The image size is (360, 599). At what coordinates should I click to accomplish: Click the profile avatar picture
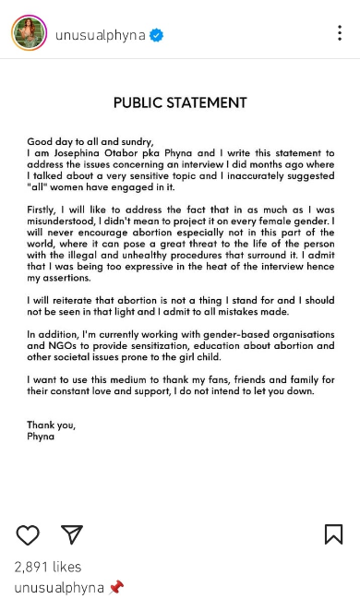coord(29,34)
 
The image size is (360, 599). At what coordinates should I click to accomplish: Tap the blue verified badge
coord(158,35)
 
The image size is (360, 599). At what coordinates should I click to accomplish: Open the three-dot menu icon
coord(339,33)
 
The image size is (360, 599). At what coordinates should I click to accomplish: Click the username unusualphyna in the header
coord(102,35)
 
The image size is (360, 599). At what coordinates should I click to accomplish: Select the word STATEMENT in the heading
coord(209,102)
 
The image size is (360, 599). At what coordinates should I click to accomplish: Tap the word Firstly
coord(43,210)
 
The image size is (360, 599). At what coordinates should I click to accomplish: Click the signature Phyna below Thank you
coord(41,436)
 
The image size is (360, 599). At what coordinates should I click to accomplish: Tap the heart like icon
coord(28,534)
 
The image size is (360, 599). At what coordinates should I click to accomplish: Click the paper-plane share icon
coord(72,534)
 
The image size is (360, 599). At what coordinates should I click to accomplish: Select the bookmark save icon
coord(333,534)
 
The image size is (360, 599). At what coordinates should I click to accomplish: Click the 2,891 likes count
coord(48,567)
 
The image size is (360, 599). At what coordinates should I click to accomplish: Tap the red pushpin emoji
coord(115,587)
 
